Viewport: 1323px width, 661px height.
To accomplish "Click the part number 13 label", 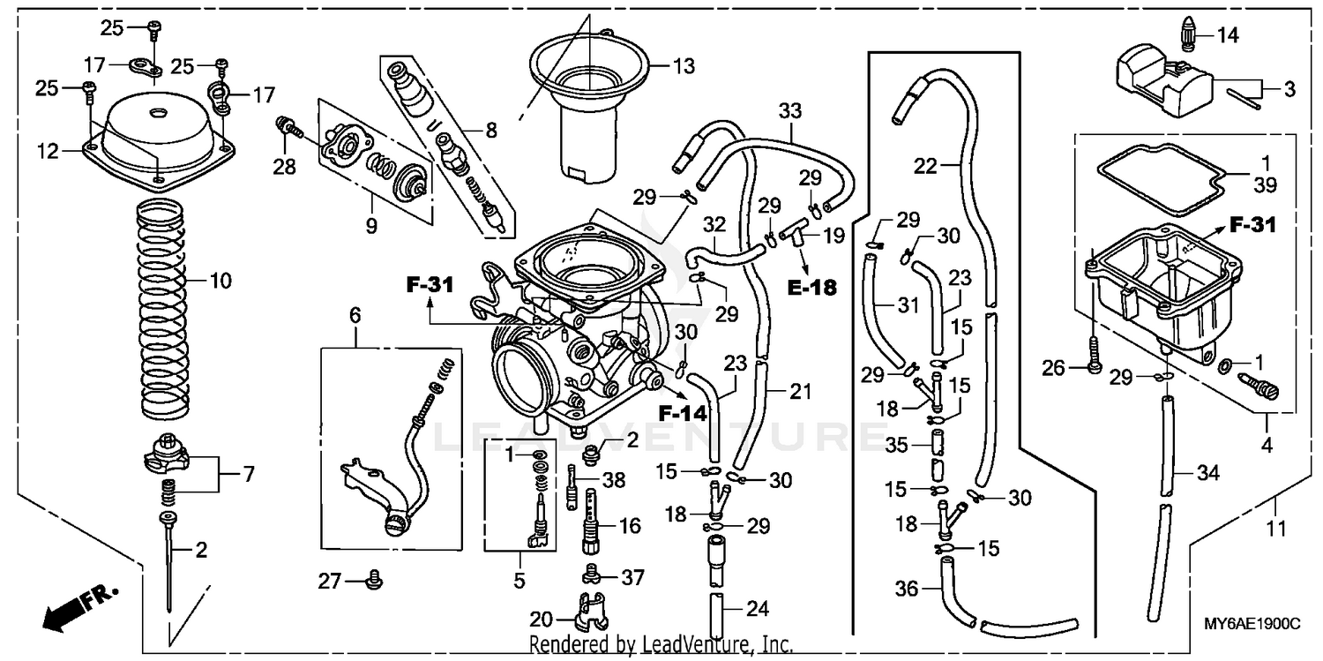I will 683,66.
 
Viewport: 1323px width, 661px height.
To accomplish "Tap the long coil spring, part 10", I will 167,309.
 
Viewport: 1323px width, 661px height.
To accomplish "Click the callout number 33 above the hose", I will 790,112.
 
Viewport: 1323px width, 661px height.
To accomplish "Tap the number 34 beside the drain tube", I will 1207,474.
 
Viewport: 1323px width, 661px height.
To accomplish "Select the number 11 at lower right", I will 1276,530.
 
